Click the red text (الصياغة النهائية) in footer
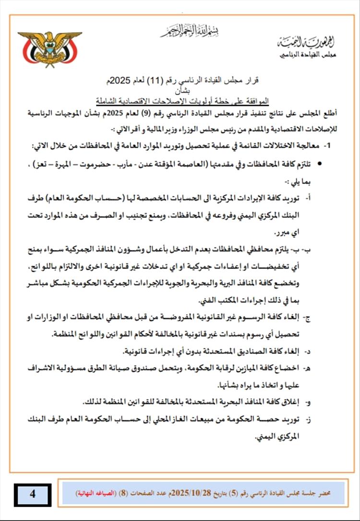tap(90, 494)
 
